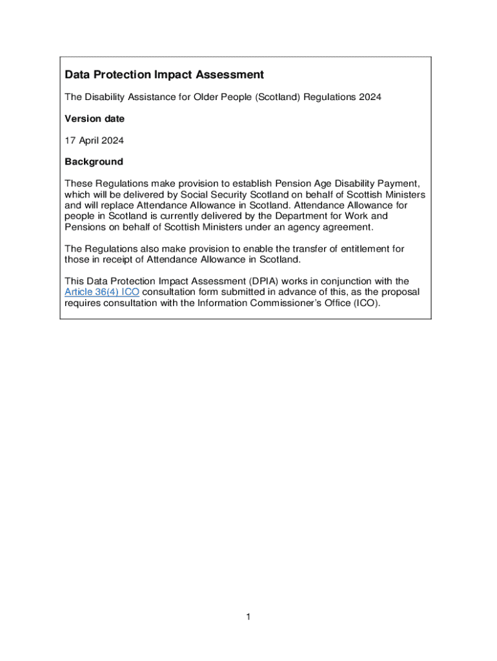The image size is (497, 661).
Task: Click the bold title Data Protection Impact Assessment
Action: tap(164, 75)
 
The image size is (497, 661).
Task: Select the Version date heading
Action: tap(94, 119)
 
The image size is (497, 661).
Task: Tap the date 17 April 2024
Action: tap(94, 140)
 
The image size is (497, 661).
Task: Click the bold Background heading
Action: tap(94, 161)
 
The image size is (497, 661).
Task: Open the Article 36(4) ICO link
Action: tap(102, 292)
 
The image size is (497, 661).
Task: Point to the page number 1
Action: tap(248, 618)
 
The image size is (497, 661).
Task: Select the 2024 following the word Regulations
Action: tap(370, 97)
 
